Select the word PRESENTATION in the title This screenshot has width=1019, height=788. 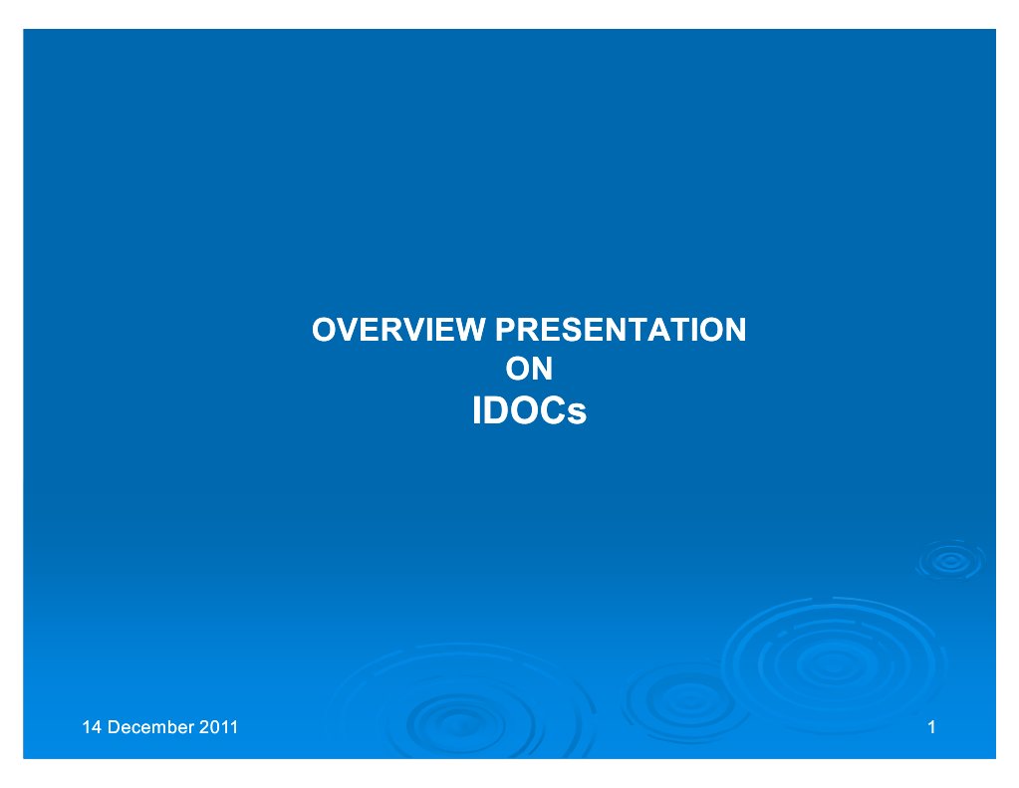tap(621, 330)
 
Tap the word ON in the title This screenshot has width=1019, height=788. tap(529, 369)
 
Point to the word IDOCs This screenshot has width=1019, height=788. tap(529, 410)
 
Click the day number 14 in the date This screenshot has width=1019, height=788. tap(92, 727)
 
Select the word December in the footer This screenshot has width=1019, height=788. tap(150, 727)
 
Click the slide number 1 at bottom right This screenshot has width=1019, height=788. tap(932, 727)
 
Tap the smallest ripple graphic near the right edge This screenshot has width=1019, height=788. tap(950, 561)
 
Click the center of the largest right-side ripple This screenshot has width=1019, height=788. tap(834, 663)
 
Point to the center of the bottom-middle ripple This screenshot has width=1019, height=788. tap(460, 723)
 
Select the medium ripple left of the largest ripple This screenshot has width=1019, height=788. tap(687, 702)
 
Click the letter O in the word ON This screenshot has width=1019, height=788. tap(517, 369)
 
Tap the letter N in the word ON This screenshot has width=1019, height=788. tap(542, 369)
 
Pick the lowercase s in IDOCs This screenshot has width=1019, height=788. tap(578, 413)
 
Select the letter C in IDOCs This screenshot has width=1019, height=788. tap(554, 410)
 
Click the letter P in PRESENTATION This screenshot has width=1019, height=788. tap(507, 330)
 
